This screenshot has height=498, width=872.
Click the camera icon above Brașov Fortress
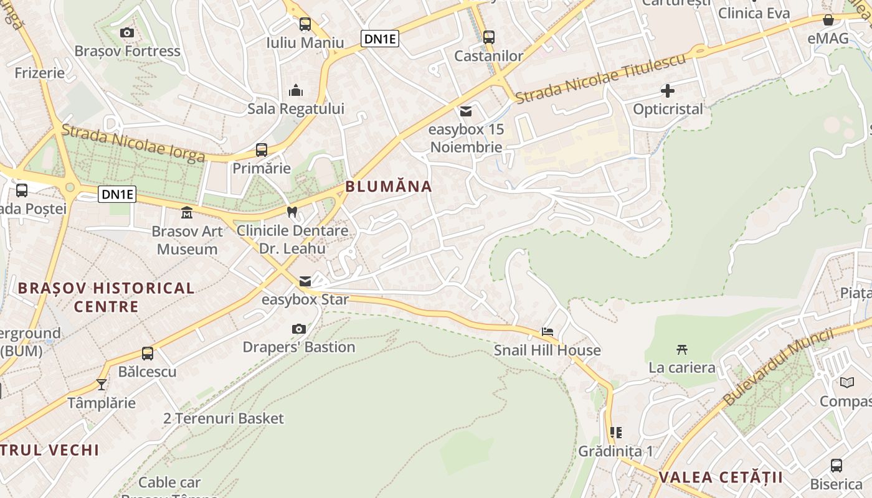point(127,32)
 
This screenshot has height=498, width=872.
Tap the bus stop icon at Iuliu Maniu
point(305,24)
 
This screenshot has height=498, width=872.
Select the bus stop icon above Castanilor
point(489,37)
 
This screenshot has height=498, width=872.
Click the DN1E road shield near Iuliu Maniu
point(379,39)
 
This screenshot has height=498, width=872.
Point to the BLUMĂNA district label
point(389,186)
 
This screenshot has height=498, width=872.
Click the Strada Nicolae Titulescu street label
point(600,78)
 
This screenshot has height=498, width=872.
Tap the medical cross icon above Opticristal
point(667,91)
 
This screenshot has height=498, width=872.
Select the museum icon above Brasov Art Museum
point(186,213)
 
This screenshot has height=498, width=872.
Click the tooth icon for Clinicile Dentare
point(291,212)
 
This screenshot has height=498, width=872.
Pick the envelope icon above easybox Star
point(305,281)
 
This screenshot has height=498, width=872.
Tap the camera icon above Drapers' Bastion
point(299,329)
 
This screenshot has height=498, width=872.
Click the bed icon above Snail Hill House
point(547,332)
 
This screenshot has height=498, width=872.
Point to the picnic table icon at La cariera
point(682,349)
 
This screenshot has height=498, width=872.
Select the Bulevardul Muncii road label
point(778,367)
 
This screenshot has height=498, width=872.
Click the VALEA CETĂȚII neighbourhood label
point(720,477)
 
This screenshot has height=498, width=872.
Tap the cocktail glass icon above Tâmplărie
point(102,384)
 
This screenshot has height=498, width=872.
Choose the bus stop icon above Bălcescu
point(148,354)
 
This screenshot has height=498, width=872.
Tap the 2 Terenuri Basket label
point(224,418)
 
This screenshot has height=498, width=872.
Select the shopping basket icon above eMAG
point(828,20)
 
